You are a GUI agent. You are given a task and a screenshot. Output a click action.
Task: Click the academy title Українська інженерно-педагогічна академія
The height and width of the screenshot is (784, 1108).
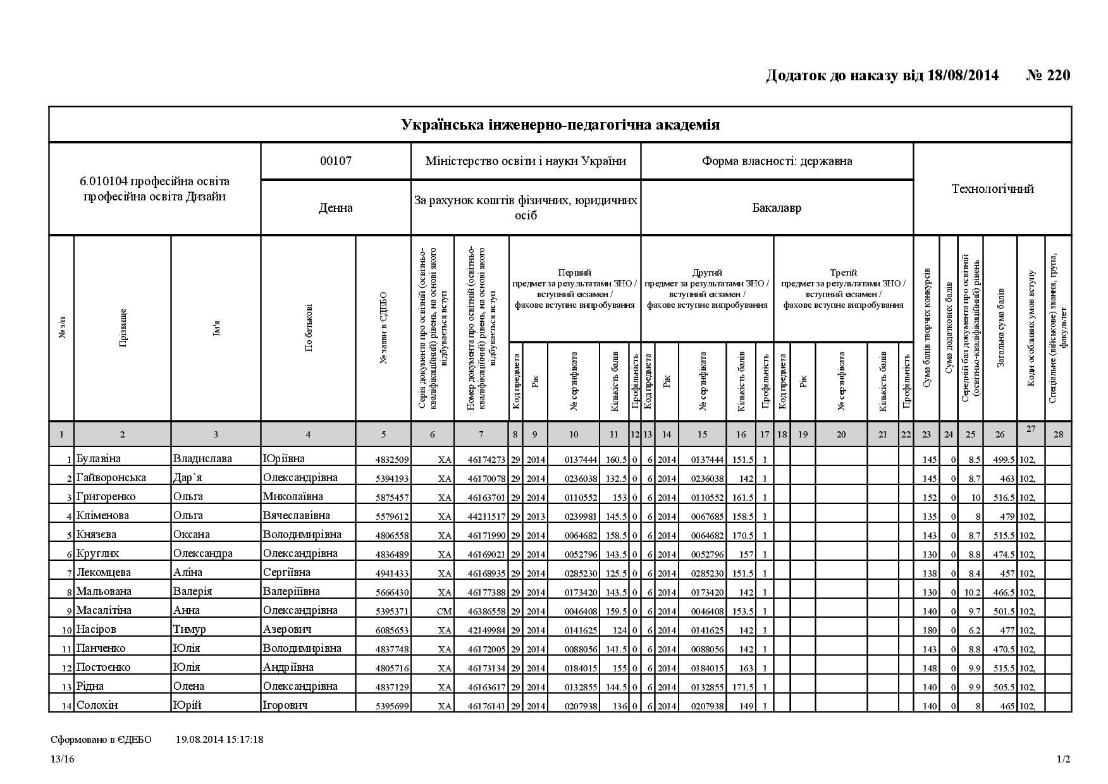pos(560,125)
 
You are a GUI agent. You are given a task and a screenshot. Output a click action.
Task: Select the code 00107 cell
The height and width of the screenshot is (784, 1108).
pos(336,161)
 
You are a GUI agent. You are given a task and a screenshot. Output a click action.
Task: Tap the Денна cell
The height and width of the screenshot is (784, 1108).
pos(336,208)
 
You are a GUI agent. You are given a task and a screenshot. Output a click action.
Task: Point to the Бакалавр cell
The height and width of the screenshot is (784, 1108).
pos(777,208)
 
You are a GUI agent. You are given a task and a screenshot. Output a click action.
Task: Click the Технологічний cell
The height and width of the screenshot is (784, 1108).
pos(992,188)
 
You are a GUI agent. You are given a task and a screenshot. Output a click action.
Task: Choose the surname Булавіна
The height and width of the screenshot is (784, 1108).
pos(98,458)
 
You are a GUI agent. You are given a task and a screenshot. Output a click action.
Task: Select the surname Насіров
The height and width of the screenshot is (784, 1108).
pos(96,629)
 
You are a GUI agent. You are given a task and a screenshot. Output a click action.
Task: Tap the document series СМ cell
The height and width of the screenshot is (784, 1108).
pos(444,611)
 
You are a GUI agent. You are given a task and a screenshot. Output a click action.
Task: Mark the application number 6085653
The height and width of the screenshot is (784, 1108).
pos(392,630)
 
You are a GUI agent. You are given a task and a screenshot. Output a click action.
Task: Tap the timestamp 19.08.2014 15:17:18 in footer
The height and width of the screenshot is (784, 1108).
pos(219,739)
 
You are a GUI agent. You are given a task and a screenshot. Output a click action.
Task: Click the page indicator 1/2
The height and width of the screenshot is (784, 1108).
pos(1063,759)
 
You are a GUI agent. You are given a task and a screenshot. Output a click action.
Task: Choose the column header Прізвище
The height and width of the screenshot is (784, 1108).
pos(123,328)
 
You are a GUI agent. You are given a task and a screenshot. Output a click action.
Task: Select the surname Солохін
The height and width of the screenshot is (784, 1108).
pos(97,705)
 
